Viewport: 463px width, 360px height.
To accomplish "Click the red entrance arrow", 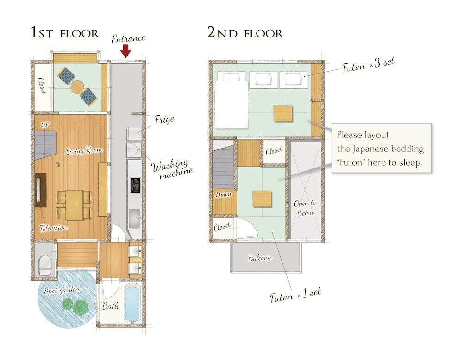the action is pyautogui.click(x=126, y=51).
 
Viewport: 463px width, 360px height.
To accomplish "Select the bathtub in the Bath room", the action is pyautogui.click(x=131, y=303).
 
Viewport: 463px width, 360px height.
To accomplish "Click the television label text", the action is pyautogui.click(x=54, y=228).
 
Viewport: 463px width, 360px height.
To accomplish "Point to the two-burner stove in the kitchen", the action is pyautogui.click(x=136, y=186).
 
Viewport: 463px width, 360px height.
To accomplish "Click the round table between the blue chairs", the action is pyautogui.click(x=77, y=87).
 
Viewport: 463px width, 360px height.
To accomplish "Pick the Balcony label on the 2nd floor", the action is pyautogui.click(x=260, y=258).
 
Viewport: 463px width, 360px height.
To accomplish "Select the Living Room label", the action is pyautogui.click(x=83, y=151).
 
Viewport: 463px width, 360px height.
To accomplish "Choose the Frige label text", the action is pyautogui.click(x=164, y=120).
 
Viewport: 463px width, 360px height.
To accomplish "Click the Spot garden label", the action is pyautogui.click(x=62, y=291).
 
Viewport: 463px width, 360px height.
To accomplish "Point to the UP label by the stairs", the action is pyautogui.click(x=45, y=125).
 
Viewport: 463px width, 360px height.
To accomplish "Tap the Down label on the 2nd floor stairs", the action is pyautogui.click(x=224, y=194).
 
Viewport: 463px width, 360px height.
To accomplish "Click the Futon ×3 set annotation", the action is pyautogui.click(x=368, y=65).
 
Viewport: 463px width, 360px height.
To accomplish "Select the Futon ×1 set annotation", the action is pyautogui.click(x=295, y=295).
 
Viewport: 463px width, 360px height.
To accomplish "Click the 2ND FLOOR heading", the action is pyautogui.click(x=245, y=32).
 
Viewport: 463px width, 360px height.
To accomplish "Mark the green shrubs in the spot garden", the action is pyautogui.click(x=75, y=306).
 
